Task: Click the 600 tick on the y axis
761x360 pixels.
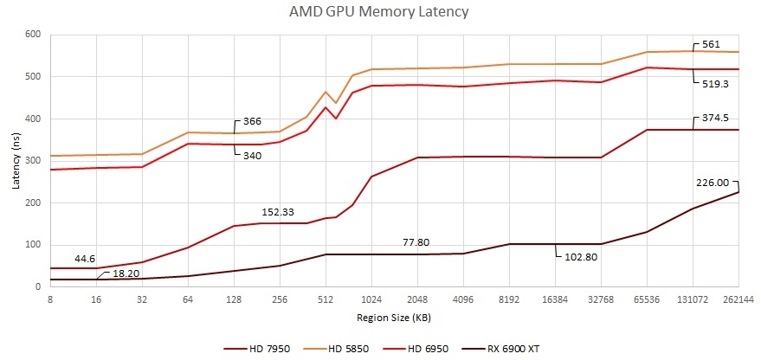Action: (34, 35)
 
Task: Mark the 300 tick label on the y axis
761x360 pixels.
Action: (34, 161)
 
